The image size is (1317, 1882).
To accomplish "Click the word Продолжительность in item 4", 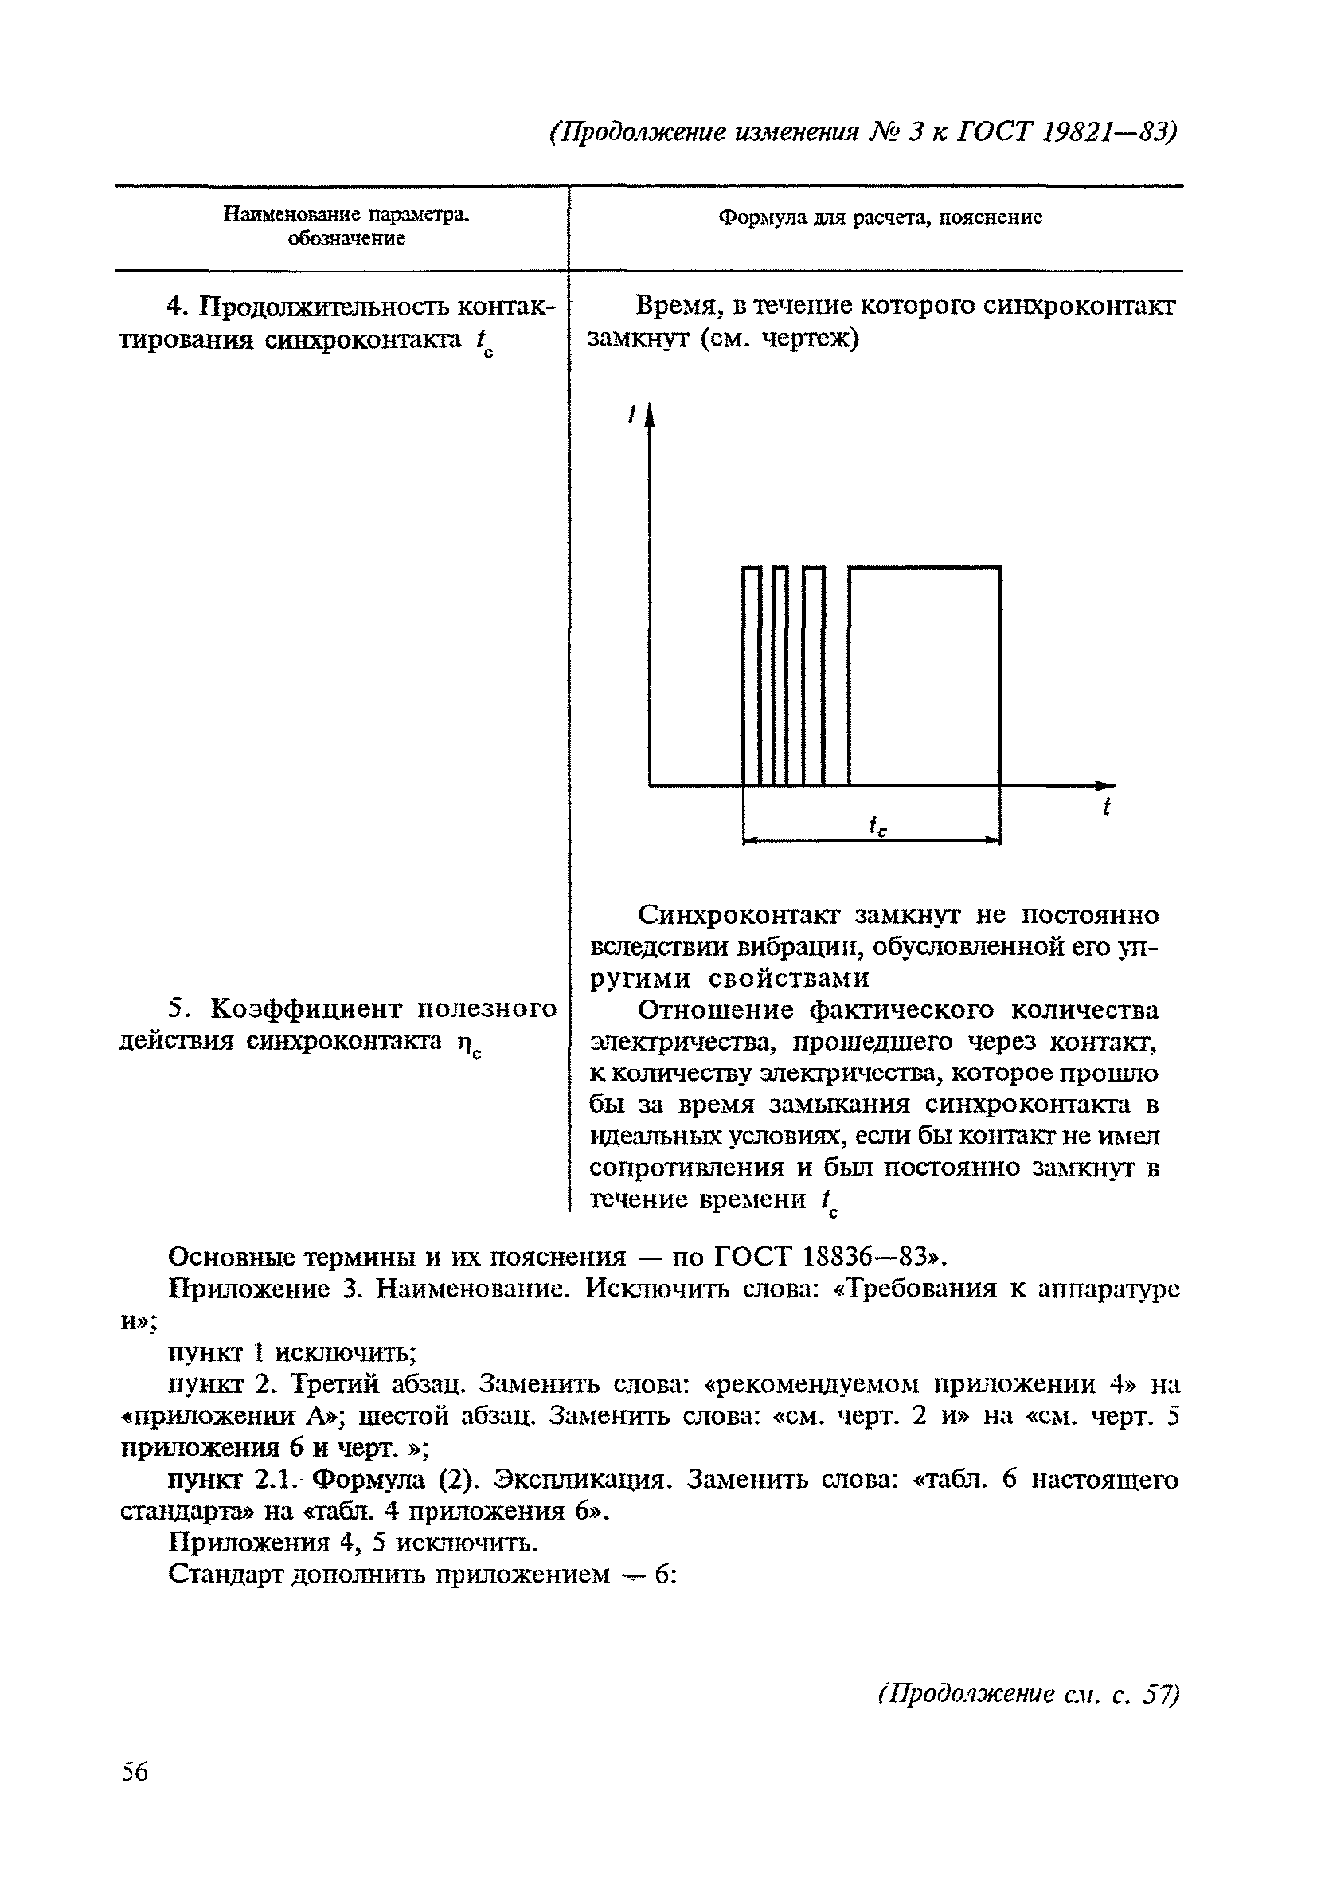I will coord(325,307).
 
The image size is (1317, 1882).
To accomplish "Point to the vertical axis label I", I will coord(631,417).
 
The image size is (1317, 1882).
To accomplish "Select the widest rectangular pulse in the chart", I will coord(924,676).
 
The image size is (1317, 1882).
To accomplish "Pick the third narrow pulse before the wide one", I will coord(814,676).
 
